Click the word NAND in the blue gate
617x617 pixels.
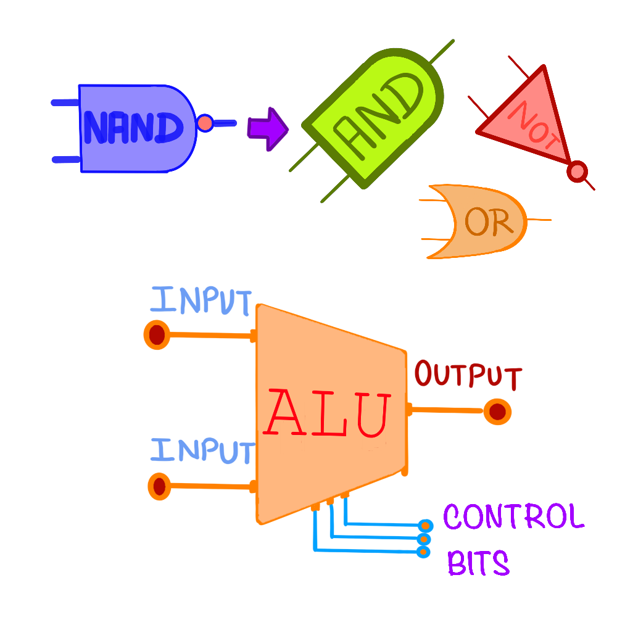[133, 128]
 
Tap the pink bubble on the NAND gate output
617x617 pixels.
[205, 123]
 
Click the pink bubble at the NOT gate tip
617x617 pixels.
[578, 171]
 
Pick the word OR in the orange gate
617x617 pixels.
[488, 222]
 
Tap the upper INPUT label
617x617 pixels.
[201, 301]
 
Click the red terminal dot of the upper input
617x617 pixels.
[157, 335]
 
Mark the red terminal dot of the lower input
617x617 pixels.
[159, 486]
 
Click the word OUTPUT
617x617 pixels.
[468, 375]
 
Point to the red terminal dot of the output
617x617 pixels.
[497, 412]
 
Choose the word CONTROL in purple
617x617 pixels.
[513, 517]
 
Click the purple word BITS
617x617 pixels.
[478, 563]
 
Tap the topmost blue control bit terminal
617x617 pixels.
[425, 525]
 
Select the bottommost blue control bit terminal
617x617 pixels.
[423, 552]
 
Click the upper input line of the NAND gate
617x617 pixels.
[65, 103]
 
